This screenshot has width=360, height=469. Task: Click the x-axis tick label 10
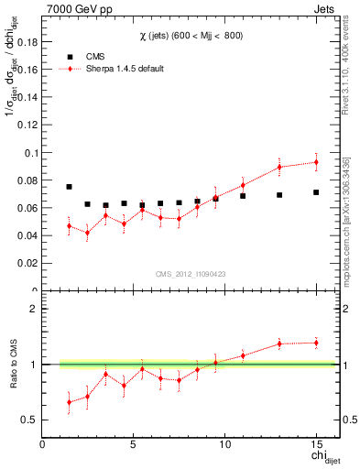tap(224, 446)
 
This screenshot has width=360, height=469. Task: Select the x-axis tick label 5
tap(134, 446)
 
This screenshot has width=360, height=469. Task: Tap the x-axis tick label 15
tap(315, 446)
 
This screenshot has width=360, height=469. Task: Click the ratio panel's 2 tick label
tap(33, 309)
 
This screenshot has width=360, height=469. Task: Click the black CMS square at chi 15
tap(316, 192)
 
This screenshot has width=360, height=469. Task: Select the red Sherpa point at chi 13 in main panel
tap(279, 167)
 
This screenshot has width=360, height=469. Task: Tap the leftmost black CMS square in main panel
tap(69, 187)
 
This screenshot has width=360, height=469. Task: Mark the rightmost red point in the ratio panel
tap(316, 343)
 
